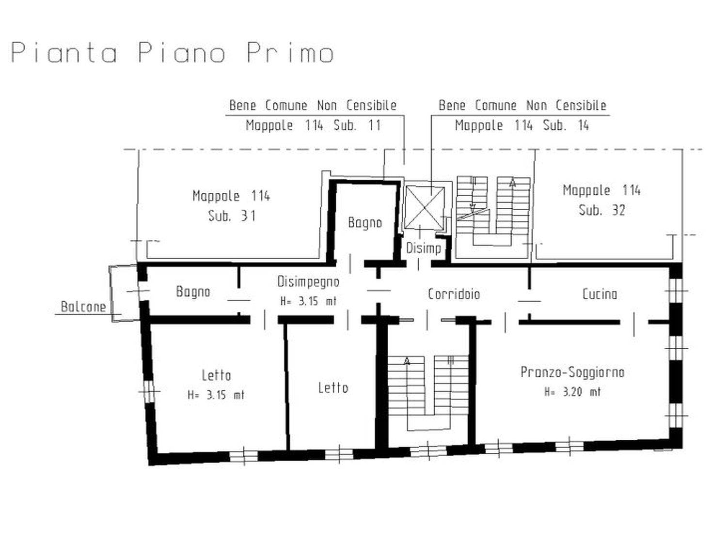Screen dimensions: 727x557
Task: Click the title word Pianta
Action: [x=64, y=53]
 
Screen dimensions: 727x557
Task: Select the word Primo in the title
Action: [x=290, y=53]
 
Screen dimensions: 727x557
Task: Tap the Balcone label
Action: [x=83, y=307]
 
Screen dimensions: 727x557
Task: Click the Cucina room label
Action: [x=600, y=294]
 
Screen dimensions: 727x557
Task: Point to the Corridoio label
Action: [x=454, y=294]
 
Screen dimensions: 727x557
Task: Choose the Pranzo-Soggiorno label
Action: [x=572, y=372]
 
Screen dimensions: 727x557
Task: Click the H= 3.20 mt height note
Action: [x=572, y=391]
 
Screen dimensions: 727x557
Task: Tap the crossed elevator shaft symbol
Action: [x=425, y=208]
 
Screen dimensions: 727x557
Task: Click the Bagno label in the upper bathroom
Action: [x=364, y=223]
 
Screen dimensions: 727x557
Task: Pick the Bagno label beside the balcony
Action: [x=193, y=292]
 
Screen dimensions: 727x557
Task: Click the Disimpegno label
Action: [x=308, y=282]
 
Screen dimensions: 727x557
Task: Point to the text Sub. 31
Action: [x=232, y=216]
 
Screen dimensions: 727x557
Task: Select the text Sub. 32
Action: [x=601, y=210]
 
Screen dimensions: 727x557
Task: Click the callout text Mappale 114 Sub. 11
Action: [x=314, y=125]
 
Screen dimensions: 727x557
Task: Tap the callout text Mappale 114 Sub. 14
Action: [x=522, y=125]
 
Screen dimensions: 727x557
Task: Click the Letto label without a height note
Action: [x=333, y=388]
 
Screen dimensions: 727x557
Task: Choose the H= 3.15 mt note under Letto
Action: [x=216, y=395]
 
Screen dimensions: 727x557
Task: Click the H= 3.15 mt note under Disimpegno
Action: [x=308, y=301]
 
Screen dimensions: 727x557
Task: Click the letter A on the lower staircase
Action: [x=407, y=361]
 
